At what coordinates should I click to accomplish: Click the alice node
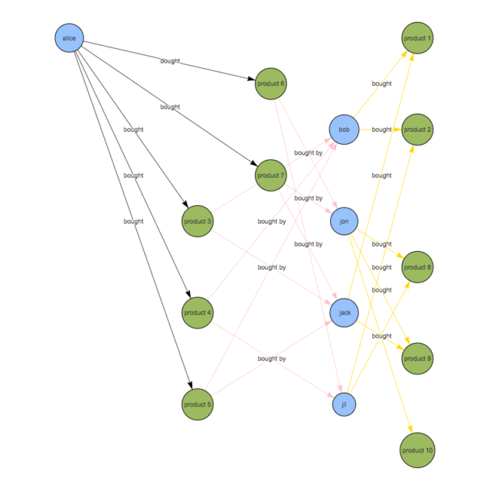tap(70, 38)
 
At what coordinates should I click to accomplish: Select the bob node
tap(344, 129)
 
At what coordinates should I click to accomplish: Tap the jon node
tap(344, 221)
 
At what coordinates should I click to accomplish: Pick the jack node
tap(344, 312)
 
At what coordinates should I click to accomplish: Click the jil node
tap(344, 404)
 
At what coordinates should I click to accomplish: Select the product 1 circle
tap(417, 38)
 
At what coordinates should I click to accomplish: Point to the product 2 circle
tap(417, 129)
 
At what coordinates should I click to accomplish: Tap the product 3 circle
tap(198, 221)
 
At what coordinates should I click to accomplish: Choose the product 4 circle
tap(198, 312)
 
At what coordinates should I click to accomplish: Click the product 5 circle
tap(198, 404)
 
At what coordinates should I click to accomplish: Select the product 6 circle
tap(271, 83)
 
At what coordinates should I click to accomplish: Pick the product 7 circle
tap(271, 175)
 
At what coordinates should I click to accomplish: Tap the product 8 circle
tap(417, 267)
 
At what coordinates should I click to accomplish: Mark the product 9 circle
tap(417, 358)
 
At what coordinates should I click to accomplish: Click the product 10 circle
tap(417, 450)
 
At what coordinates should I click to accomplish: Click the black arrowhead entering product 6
tap(252, 79)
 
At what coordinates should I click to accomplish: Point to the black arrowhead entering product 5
tap(190, 385)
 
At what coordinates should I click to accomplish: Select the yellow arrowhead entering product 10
tap(410, 429)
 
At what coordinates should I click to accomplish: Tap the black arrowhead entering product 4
tap(188, 294)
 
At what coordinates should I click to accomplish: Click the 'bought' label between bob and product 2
tap(381, 129)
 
